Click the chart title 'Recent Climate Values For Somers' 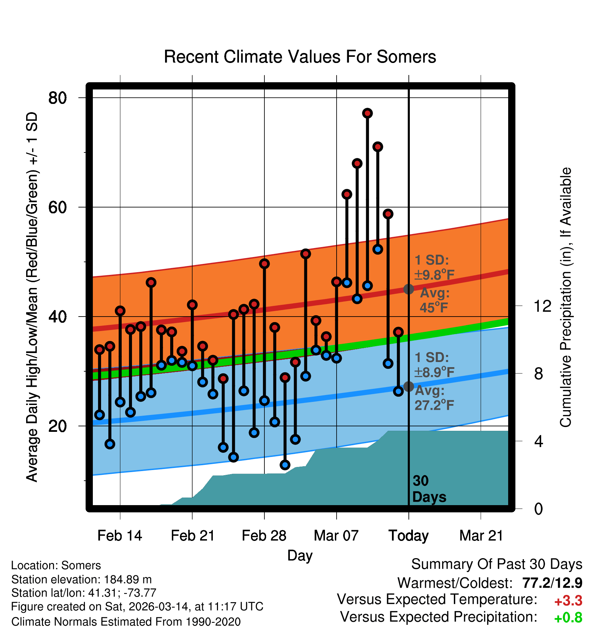coord(300,57)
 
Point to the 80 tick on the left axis coord(57,98)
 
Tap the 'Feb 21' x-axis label coord(193,536)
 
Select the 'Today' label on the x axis coord(408,536)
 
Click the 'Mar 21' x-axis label coord(481,536)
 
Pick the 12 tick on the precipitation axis coord(542,306)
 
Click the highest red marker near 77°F coord(368,113)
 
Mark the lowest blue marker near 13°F coord(285,465)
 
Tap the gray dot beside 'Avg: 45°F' coord(408,289)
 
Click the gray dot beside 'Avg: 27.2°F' coord(408,386)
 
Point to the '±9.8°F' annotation coord(434,275)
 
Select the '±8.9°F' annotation coord(434,372)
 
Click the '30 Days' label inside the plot coord(429,489)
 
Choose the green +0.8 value coord(568,618)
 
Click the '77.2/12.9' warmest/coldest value coord(552,583)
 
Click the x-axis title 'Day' coord(300,555)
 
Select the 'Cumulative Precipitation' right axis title coord(566,297)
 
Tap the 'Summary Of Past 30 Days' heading coord(497,565)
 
